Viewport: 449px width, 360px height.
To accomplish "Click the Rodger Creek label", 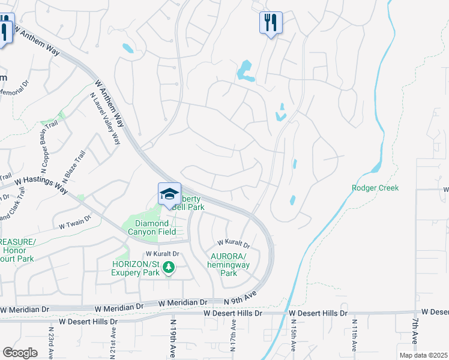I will [375, 188].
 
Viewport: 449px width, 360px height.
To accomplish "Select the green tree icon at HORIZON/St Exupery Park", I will [169, 267].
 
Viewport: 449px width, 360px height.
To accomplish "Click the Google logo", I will [20, 352].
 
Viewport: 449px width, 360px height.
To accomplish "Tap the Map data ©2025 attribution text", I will [423, 355].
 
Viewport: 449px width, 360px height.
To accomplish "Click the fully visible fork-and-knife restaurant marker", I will [271, 23].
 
